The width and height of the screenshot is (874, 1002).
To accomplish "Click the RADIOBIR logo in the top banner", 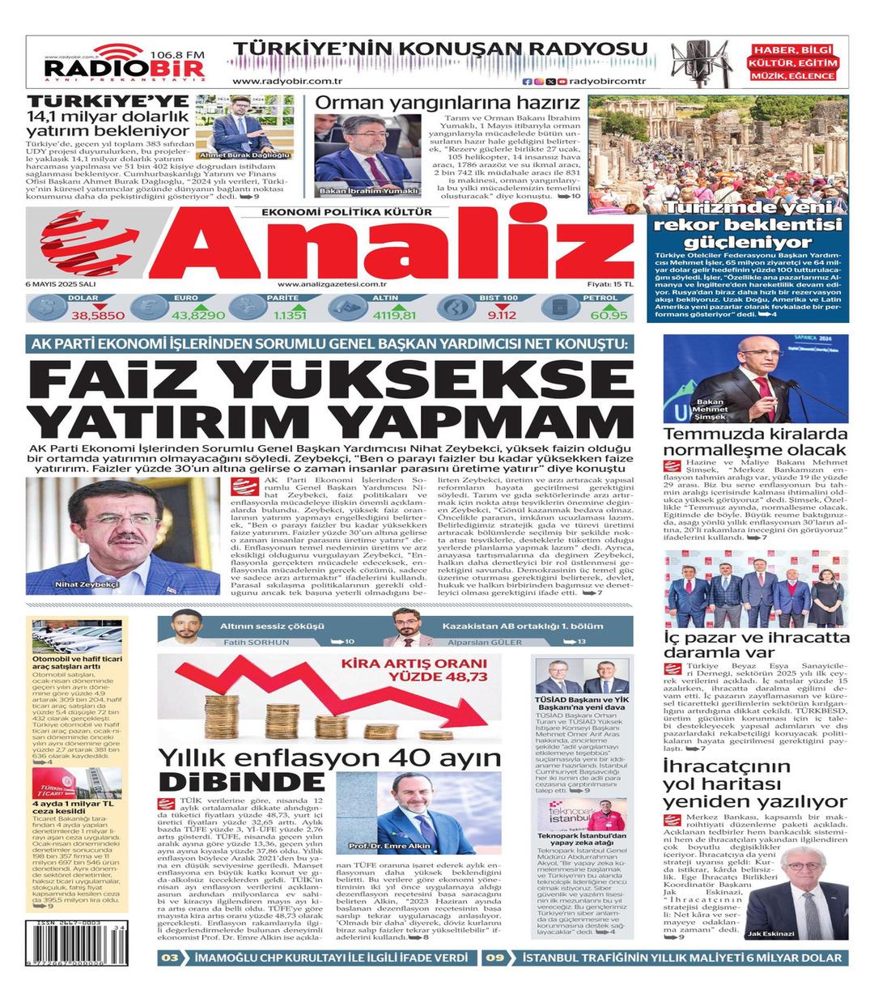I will [123, 66].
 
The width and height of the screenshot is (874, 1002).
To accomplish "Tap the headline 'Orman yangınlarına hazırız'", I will [447, 103].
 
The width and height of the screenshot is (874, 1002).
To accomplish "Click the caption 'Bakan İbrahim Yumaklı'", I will [368, 191].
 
